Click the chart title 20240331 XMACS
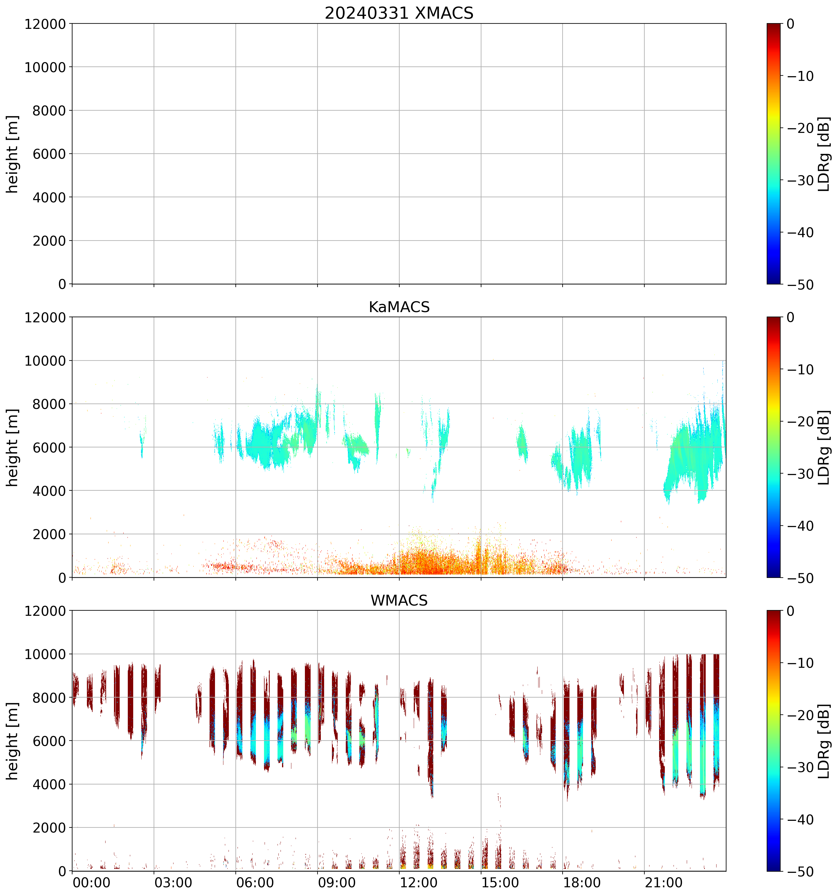coord(399,13)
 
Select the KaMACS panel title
coord(399,307)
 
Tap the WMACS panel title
coord(399,600)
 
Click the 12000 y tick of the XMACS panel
coord(45,24)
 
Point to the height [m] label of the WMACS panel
coord(13,741)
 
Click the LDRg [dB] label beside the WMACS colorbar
coord(823,741)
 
